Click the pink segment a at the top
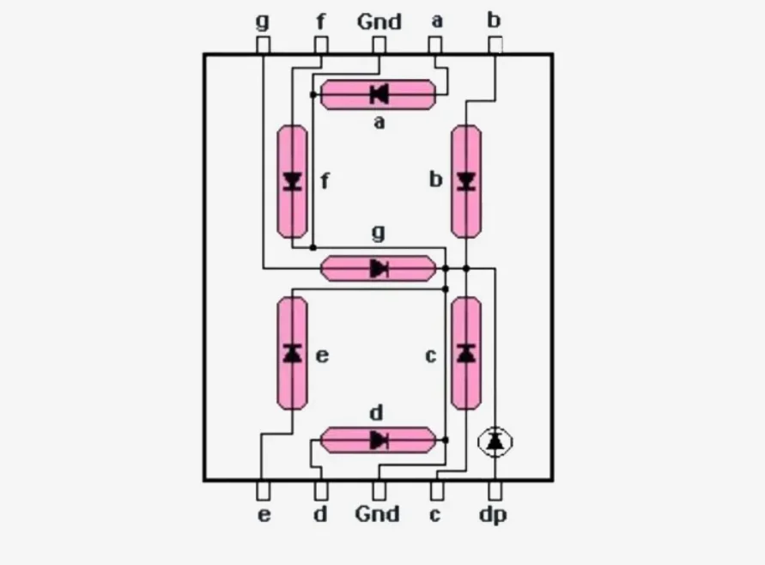click(x=378, y=94)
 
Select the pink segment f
click(x=293, y=181)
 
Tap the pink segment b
click(x=466, y=180)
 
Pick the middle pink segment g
click(x=378, y=269)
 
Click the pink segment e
click(x=293, y=353)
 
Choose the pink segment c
click(x=466, y=353)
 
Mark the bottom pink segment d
click(x=378, y=440)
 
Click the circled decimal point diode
click(x=495, y=441)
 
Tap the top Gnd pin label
click(x=379, y=21)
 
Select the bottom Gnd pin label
click(x=378, y=514)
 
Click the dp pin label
click(x=494, y=515)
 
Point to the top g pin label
click(x=263, y=21)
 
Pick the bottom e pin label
click(x=264, y=515)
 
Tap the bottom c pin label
click(x=436, y=515)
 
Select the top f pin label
click(x=320, y=21)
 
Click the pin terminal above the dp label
click(x=495, y=490)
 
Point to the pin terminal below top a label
click(x=436, y=46)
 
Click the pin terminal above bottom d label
click(x=321, y=490)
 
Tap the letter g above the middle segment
click(x=378, y=233)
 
